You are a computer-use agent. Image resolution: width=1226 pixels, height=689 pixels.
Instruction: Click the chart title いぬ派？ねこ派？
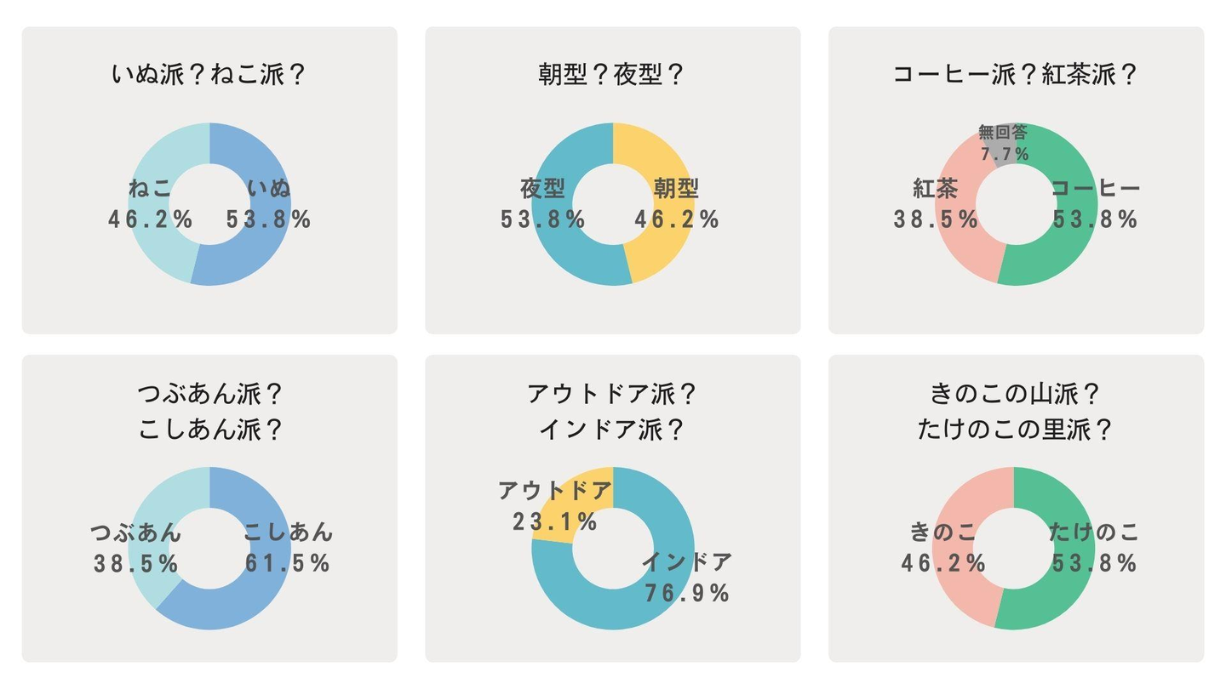(209, 75)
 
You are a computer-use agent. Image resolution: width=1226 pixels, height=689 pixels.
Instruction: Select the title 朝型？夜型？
(612, 75)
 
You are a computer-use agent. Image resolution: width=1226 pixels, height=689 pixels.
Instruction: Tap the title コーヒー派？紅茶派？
(1015, 75)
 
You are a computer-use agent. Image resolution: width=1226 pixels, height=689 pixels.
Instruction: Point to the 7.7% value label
(1005, 154)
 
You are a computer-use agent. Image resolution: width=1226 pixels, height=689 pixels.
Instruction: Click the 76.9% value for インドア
(686, 593)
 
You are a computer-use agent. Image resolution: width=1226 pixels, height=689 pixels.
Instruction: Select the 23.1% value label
(555, 521)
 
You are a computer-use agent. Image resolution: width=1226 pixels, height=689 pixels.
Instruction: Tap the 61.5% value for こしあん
(287, 563)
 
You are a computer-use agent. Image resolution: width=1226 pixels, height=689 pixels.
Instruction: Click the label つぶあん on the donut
(136, 533)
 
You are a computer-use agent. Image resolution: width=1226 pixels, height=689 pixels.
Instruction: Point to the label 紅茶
(936, 189)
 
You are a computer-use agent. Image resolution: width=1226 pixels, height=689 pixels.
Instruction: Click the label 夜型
(543, 189)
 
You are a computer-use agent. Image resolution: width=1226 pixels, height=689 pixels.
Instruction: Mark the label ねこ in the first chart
(151, 189)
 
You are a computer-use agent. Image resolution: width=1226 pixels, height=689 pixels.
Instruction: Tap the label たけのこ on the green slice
(1094, 533)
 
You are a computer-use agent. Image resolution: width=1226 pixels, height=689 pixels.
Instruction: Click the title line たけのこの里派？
(1015, 430)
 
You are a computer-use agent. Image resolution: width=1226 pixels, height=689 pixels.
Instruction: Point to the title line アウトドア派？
(612, 395)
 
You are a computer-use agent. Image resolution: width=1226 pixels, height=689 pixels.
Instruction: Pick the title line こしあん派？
(209, 430)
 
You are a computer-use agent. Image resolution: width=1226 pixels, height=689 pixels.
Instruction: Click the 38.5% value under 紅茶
(936, 219)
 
